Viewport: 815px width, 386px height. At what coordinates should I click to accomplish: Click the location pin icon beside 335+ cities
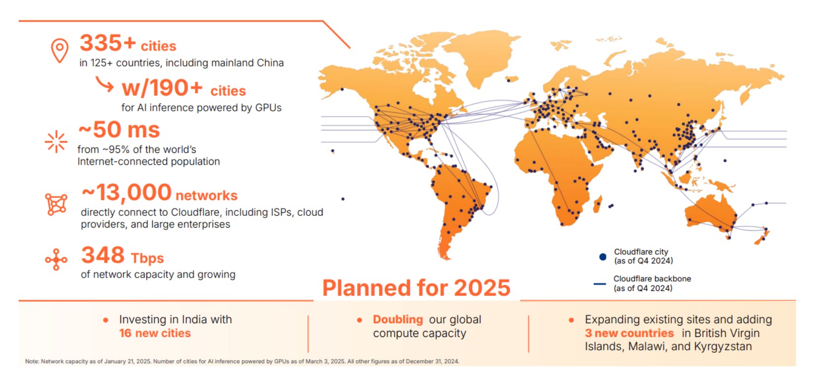pyautogui.click(x=60, y=50)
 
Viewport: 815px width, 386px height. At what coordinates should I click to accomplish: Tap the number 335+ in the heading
pyautogui.click(x=108, y=43)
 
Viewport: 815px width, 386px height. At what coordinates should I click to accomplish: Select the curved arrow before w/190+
pyautogui.click(x=104, y=84)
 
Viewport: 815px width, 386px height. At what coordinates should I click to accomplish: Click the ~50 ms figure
pyautogui.click(x=119, y=130)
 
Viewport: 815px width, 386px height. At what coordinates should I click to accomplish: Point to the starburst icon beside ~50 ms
pyautogui.click(x=56, y=142)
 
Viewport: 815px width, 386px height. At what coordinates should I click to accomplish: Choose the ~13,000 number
pyautogui.click(x=126, y=193)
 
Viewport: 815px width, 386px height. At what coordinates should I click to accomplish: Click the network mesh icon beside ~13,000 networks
pyautogui.click(x=56, y=204)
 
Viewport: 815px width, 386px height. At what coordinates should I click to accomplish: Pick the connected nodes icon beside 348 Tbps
pyautogui.click(x=56, y=260)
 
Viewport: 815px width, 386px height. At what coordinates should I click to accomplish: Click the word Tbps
pyautogui.click(x=147, y=258)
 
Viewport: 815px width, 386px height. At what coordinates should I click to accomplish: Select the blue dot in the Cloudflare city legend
pyautogui.click(x=602, y=257)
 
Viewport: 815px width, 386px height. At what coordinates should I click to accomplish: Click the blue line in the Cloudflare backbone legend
pyautogui.click(x=599, y=284)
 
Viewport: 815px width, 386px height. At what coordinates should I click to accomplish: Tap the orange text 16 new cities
pyautogui.click(x=155, y=333)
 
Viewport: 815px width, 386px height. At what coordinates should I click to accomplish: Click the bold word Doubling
pyautogui.click(x=398, y=319)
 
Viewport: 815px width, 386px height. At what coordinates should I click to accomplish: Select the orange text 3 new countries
pyautogui.click(x=629, y=333)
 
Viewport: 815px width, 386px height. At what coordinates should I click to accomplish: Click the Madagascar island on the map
pyautogui.click(x=597, y=204)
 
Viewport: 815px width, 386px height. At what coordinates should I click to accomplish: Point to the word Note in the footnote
pyautogui.click(x=32, y=361)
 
